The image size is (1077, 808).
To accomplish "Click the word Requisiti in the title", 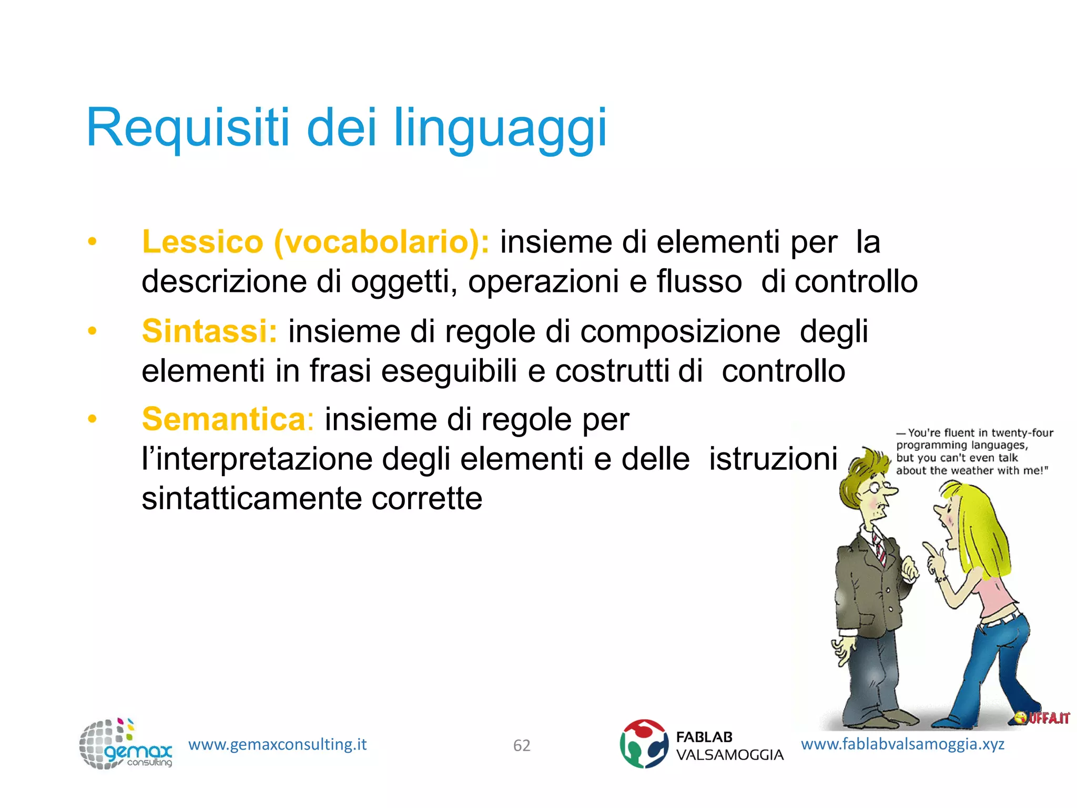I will (x=188, y=128).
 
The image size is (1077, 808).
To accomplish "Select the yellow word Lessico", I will (x=202, y=242).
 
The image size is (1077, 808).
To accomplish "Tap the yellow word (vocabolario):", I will (x=382, y=242).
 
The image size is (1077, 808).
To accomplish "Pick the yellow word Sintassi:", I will (x=209, y=331).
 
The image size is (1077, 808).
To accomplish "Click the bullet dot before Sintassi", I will (x=93, y=331).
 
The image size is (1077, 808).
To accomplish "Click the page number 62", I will (x=522, y=745).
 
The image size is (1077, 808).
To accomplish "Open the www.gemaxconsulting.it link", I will (x=277, y=744).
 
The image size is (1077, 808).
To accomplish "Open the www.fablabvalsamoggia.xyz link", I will (x=902, y=744).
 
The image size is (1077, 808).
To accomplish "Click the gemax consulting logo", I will (x=125, y=744).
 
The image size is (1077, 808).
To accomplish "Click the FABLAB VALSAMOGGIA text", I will (x=729, y=746).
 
